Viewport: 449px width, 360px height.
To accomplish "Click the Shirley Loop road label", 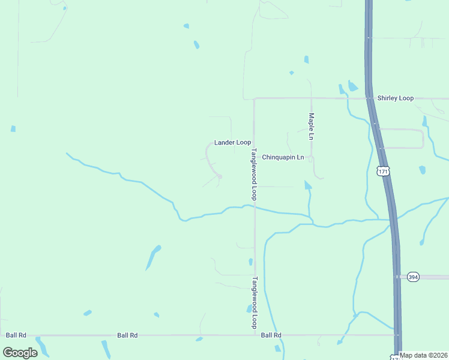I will click(395, 98).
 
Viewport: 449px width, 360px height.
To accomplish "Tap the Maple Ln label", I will click(311, 127).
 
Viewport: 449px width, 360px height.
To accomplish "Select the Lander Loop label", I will click(232, 142).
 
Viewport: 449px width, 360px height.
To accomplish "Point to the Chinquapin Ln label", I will click(283, 157).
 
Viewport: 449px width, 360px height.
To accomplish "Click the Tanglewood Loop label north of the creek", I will click(255, 174).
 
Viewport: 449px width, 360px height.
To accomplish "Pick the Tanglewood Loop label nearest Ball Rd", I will click(255, 302).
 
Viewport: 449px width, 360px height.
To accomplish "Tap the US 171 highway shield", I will click(384, 172).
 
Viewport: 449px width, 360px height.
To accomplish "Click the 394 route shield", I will click(413, 277).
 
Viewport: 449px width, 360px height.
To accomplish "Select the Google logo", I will click(20, 352).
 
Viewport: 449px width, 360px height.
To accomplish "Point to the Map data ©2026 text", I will click(423, 355).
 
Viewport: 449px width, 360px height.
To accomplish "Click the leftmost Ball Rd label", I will click(16, 335).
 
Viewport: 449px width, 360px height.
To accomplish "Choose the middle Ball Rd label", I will click(127, 335).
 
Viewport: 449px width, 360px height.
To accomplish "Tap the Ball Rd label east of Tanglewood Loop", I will click(271, 335).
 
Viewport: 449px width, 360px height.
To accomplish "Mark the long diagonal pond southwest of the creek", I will click(153, 257).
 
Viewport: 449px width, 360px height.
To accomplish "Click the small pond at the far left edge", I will click(13, 128).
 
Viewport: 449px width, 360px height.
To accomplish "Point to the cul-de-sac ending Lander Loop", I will click(220, 176).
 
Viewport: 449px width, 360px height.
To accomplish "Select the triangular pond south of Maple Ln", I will click(307, 185).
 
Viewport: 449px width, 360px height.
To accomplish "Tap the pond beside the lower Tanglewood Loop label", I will click(249, 308).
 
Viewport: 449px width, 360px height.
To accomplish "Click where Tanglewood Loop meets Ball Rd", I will click(255, 335).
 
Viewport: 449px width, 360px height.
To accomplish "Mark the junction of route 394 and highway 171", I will click(396, 277).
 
